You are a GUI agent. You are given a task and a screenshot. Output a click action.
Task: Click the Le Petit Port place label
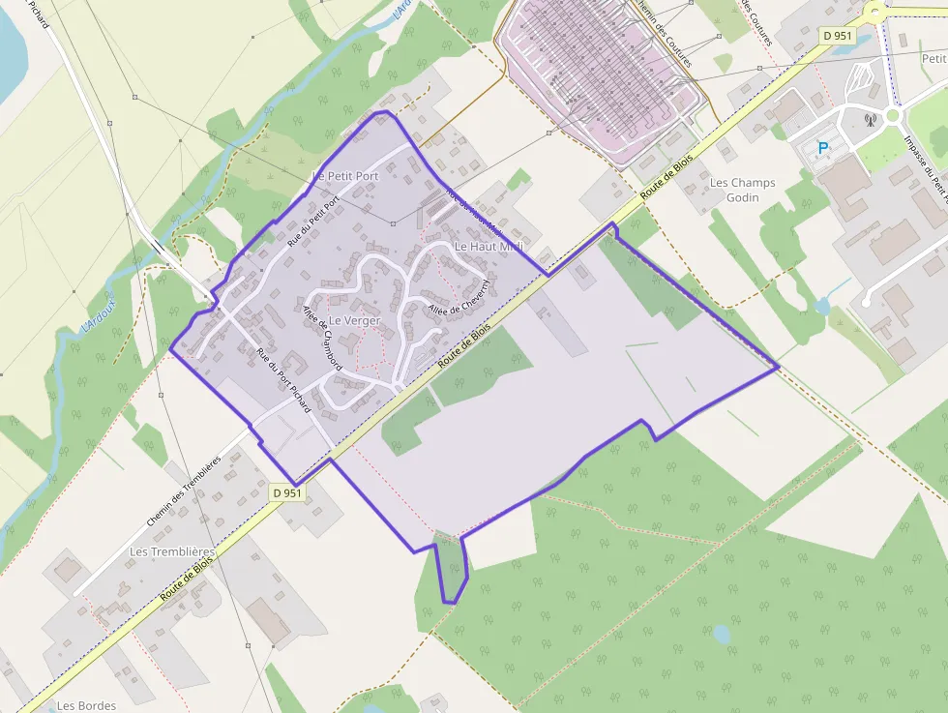click(345, 176)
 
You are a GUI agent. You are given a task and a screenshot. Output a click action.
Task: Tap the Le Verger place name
click(355, 320)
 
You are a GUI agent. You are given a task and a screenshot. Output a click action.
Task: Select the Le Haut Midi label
click(489, 247)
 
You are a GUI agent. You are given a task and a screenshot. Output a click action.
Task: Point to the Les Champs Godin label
click(742, 190)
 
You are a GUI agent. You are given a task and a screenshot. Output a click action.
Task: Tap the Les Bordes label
click(86, 705)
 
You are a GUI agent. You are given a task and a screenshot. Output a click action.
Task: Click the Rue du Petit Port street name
click(314, 222)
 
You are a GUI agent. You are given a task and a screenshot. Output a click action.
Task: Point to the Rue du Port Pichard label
click(282, 379)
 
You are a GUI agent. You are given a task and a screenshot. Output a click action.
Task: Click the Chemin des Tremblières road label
click(184, 491)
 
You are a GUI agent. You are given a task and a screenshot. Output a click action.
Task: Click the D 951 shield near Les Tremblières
click(287, 493)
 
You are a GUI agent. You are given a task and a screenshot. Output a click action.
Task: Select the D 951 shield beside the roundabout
click(838, 35)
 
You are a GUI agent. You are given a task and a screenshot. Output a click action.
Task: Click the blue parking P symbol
click(823, 148)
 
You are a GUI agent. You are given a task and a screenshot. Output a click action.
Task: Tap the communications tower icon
click(869, 120)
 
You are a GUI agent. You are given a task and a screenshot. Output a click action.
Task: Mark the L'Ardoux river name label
click(99, 313)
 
